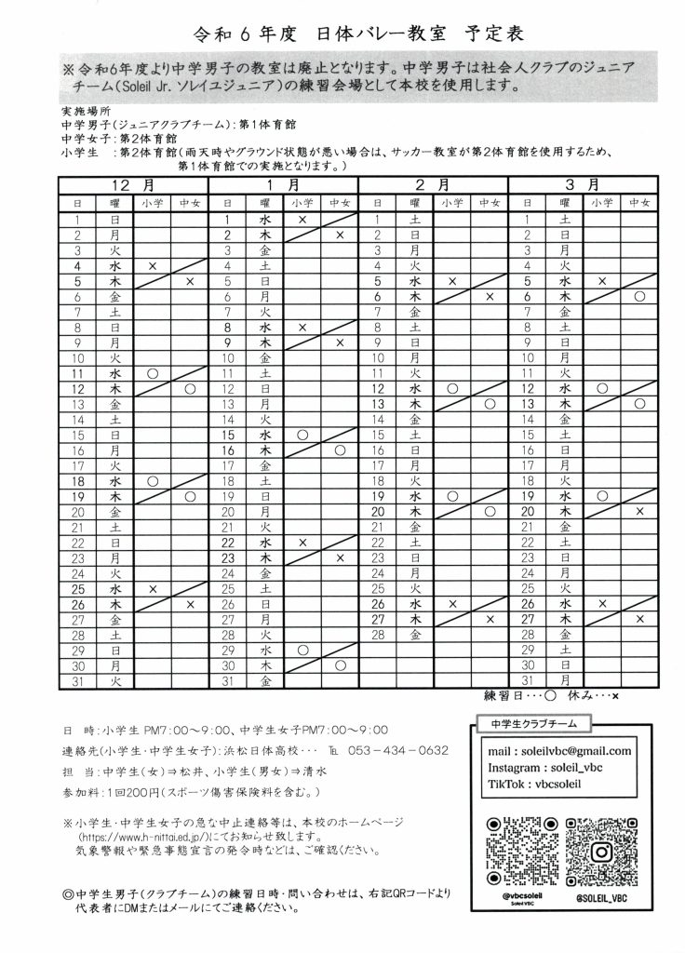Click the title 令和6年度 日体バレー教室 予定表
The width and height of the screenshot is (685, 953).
pyautogui.click(x=342, y=34)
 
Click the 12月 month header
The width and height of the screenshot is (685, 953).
pyautogui.click(x=133, y=185)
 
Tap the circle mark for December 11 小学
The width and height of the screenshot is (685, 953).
pyautogui.click(x=152, y=372)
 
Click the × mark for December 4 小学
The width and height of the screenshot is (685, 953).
pyautogui.click(x=152, y=265)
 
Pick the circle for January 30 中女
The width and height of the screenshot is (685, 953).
pyautogui.click(x=340, y=665)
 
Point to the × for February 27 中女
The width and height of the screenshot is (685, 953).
pyautogui.click(x=490, y=619)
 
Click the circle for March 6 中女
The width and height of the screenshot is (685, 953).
pyautogui.click(x=639, y=296)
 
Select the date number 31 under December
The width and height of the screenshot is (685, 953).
pyautogui.click(x=77, y=681)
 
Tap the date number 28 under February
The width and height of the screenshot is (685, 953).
pyautogui.click(x=378, y=635)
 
